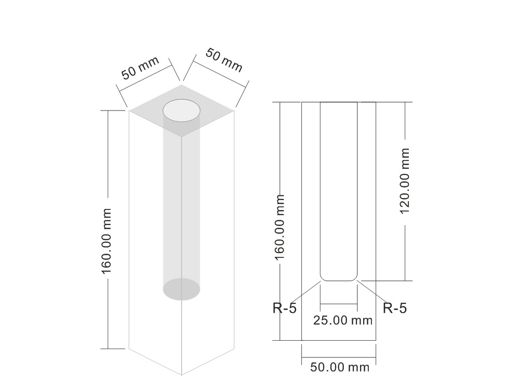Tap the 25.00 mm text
point(343,320)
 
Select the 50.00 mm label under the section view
point(340,367)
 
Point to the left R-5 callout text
point(285,308)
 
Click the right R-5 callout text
point(395,308)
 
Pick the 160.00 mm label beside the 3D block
point(107,241)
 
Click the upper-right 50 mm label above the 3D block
point(224,60)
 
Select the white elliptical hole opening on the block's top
point(182,110)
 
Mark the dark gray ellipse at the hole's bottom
point(182,289)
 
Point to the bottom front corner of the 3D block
point(182,374)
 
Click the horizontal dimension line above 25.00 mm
point(339,304)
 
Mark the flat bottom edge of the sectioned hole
point(339,281)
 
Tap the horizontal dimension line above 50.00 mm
point(339,357)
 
